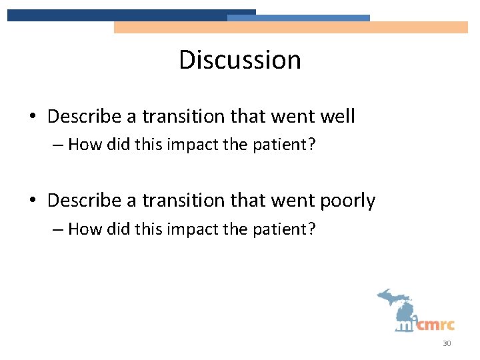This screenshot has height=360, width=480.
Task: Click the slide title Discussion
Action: [239, 60]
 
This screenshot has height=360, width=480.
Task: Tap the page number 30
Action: [446, 344]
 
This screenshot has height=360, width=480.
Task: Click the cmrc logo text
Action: [435, 325]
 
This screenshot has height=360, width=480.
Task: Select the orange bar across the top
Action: [291, 27]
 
